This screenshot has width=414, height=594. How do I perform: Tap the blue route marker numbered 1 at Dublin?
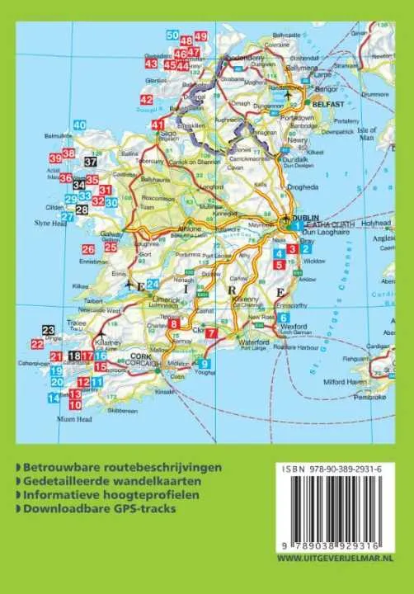click(x=296, y=224)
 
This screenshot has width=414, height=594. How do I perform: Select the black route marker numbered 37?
click(x=91, y=162)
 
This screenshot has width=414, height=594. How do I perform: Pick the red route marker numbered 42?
click(x=146, y=101)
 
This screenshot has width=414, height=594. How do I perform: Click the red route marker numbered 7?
click(x=211, y=332)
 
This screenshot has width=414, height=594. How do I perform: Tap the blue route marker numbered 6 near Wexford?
click(x=283, y=318)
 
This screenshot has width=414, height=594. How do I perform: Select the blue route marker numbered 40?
click(x=79, y=125)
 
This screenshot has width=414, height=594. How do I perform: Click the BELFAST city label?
click(x=324, y=105)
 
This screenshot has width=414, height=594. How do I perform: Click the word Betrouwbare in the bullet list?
click(x=58, y=467)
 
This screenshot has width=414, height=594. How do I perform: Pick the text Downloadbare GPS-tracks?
click(x=100, y=508)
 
